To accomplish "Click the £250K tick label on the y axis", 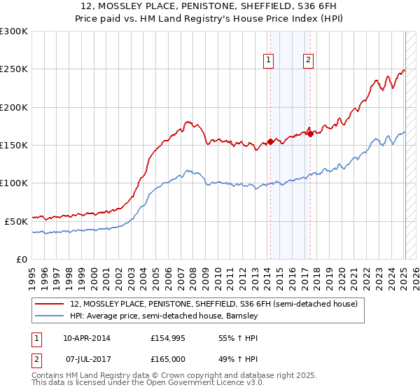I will click(x=14, y=69).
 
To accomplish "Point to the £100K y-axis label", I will click(x=14, y=183).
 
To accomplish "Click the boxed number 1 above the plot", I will click(x=269, y=60).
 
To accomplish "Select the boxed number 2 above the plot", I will click(x=308, y=60).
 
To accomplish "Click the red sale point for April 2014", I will click(x=270, y=142).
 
